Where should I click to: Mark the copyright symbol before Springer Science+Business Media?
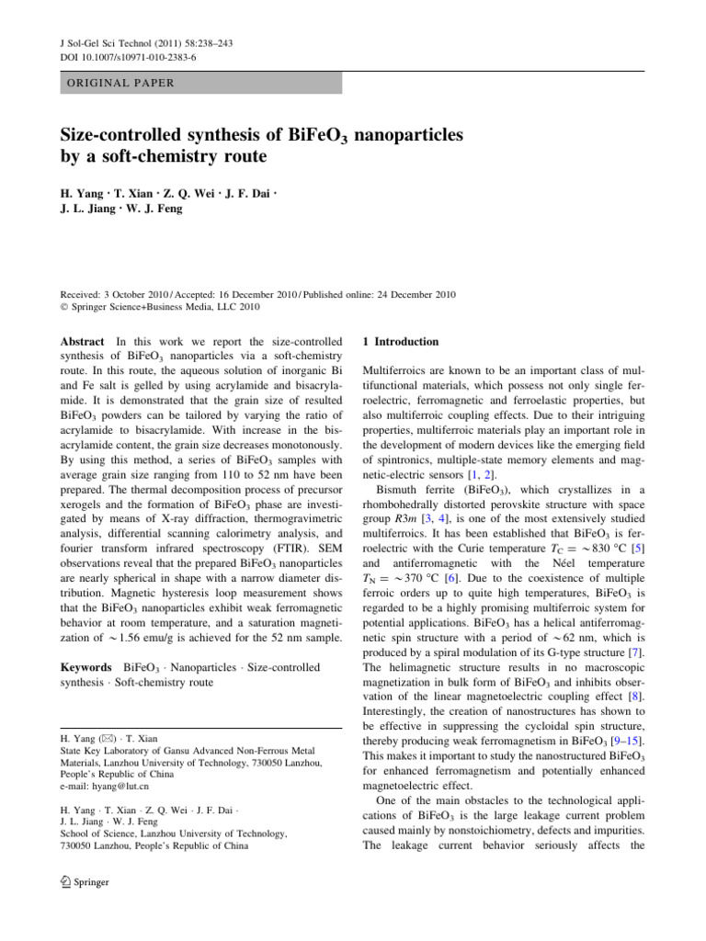click(x=65, y=308)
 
